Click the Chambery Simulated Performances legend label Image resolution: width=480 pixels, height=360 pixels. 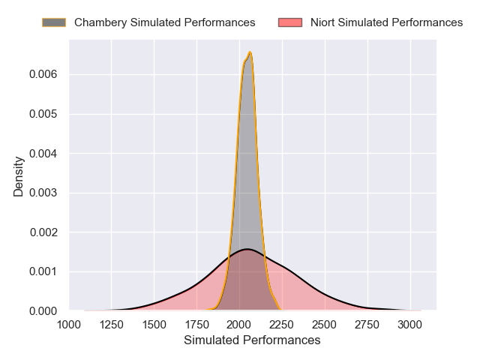(x=164, y=22)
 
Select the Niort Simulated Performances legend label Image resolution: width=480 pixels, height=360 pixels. (x=386, y=22)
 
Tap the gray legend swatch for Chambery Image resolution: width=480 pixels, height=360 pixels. (x=54, y=22)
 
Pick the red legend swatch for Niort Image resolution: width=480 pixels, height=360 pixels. (x=290, y=22)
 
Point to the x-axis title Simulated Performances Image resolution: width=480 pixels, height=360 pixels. (x=252, y=340)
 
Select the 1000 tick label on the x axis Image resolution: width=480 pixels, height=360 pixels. (x=69, y=324)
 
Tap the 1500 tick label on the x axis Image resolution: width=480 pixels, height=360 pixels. (x=154, y=324)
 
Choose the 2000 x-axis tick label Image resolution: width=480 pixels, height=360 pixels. (x=239, y=324)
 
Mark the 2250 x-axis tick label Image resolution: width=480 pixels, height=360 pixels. (x=282, y=324)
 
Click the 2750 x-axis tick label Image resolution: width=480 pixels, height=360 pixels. (x=367, y=324)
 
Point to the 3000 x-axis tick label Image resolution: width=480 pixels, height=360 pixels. (x=410, y=324)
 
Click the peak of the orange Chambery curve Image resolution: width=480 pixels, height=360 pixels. (x=250, y=52)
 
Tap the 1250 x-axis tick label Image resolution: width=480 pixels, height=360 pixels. (x=112, y=324)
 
